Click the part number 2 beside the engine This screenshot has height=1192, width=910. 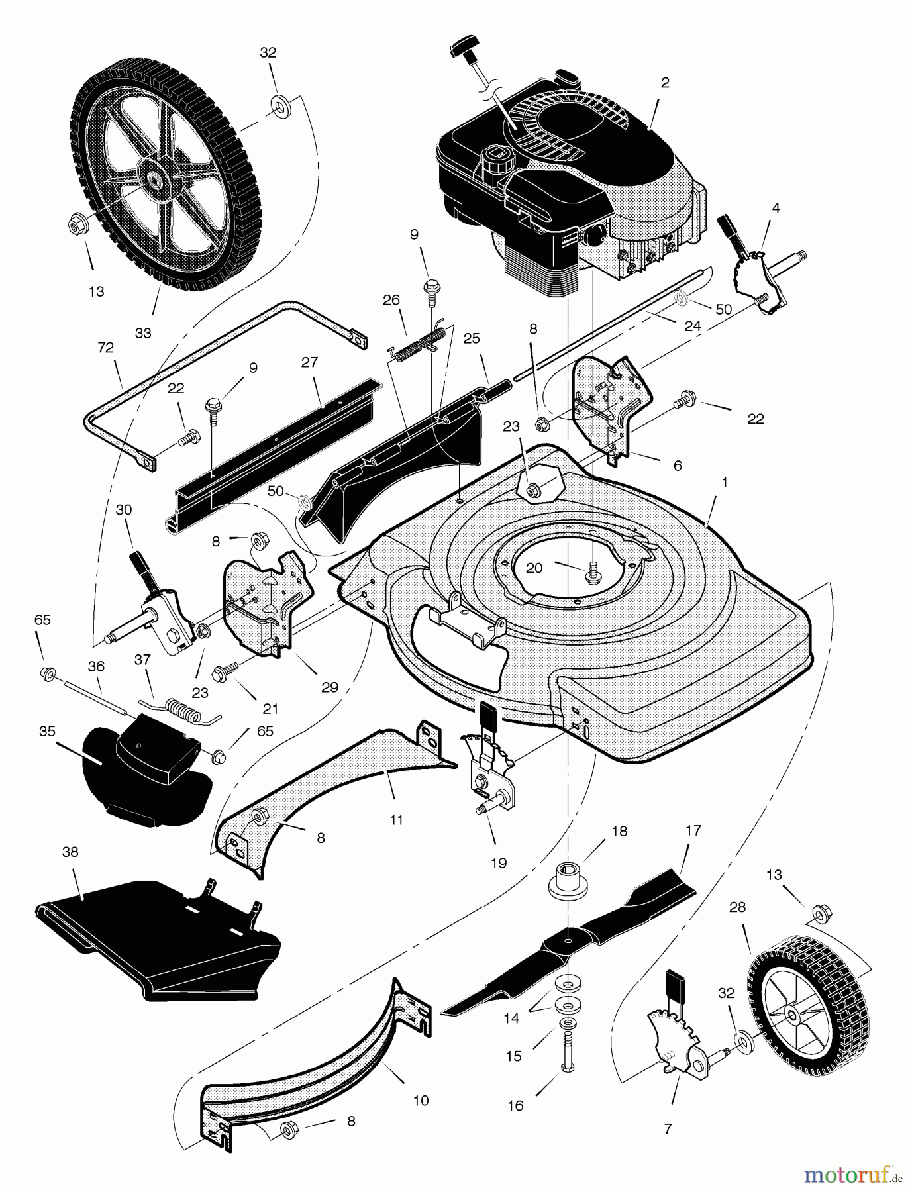(665, 83)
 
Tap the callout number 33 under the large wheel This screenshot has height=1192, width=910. (143, 333)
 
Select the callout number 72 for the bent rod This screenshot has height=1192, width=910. (105, 347)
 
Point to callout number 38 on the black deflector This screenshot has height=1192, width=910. (70, 852)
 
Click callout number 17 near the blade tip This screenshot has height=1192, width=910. (693, 830)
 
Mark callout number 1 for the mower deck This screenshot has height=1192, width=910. (724, 483)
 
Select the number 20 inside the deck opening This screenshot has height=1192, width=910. (534, 568)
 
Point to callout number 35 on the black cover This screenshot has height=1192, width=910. (48, 731)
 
